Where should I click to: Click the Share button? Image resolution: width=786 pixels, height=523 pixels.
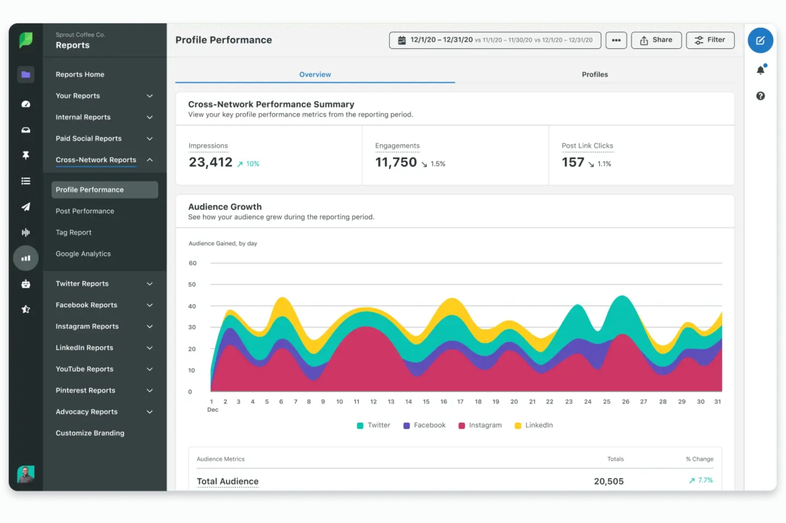click(656, 40)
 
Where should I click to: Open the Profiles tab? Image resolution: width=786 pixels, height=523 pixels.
click(594, 74)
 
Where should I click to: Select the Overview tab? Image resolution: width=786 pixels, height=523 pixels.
click(315, 74)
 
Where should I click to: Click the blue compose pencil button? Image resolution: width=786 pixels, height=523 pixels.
click(760, 40)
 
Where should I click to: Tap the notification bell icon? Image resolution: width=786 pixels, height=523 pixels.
click(760, 70)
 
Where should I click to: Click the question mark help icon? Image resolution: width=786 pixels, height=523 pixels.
click(760, 96)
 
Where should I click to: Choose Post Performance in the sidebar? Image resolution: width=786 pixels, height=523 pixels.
click(85, 211)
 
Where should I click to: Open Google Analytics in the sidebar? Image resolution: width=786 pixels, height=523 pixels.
click(83, 254)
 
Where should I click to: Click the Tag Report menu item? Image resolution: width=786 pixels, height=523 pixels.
click(73, 232)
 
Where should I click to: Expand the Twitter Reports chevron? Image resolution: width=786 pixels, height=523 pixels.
click(150, 284)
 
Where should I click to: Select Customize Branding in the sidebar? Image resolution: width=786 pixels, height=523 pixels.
click(90, 433)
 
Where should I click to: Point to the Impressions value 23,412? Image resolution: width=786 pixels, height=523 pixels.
click(210, 162)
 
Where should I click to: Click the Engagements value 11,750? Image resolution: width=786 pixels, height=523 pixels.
click(396, 162)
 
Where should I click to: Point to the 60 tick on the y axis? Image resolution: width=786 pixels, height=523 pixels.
click(193, 263)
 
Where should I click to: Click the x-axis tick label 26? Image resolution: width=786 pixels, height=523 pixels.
click(625, 401)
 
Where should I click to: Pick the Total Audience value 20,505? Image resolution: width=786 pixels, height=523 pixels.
click(608, 481)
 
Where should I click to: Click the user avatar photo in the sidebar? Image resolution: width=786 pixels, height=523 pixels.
click(26, 474)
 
